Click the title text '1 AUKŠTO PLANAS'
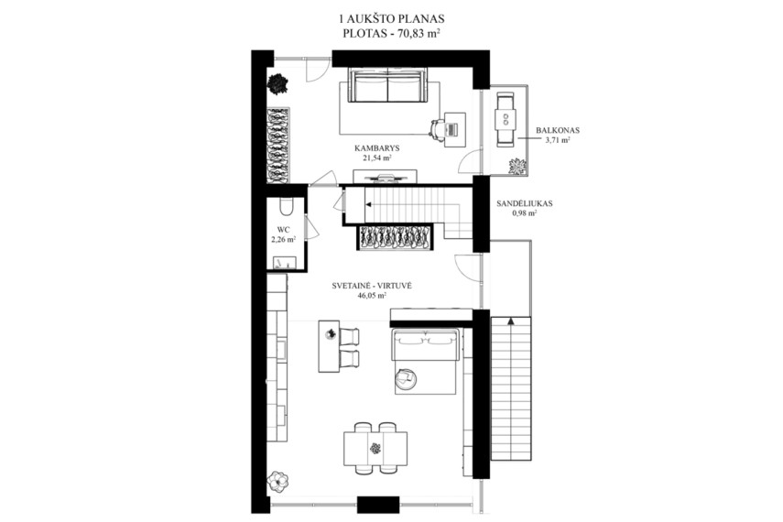(x=391, y=19)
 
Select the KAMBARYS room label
(x=376, y=148)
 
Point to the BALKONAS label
(x=558, y=130)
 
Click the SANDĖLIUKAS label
(x=525, y=204)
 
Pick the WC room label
(x=284, y=230)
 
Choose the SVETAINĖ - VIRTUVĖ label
(x=372, y=287)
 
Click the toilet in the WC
(x=287, y=207)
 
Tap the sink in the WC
(x=285, y=263)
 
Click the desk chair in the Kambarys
(x=438, y=129)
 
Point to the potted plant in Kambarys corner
(x=277, y=83)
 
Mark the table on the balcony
(x=506, y=119)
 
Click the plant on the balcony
(x=516, y=166)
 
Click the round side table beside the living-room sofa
(x=405, y=377)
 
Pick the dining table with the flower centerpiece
(x=375, y=448)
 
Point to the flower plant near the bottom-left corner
(x=277, y=481)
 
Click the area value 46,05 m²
(x=372, y=295)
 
